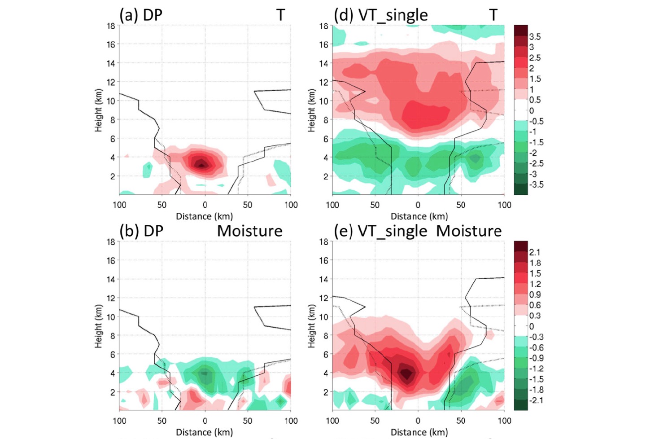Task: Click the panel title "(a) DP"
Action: (140, 15)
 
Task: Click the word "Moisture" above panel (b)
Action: (249, 231)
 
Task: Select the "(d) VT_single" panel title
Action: (380, 15)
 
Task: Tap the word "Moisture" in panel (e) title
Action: (469, 231)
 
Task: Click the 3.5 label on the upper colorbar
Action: (535, 37)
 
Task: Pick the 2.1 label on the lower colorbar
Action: (535, 252)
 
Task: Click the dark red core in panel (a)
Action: (202, 164)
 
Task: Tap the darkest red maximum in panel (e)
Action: (406, 373)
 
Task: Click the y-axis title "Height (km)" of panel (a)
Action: (98, 110)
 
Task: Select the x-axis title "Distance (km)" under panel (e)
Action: (419, 432)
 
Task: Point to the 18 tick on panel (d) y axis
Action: (323, 26)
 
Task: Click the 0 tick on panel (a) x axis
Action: (205, 205)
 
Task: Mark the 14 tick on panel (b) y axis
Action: (110, 279)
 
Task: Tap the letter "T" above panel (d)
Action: (493, 15)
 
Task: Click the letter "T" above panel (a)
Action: (280, 15)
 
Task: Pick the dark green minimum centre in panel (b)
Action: (205, 373)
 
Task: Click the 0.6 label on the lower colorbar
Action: (535, 305)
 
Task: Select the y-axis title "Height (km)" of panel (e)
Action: (311, 326)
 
